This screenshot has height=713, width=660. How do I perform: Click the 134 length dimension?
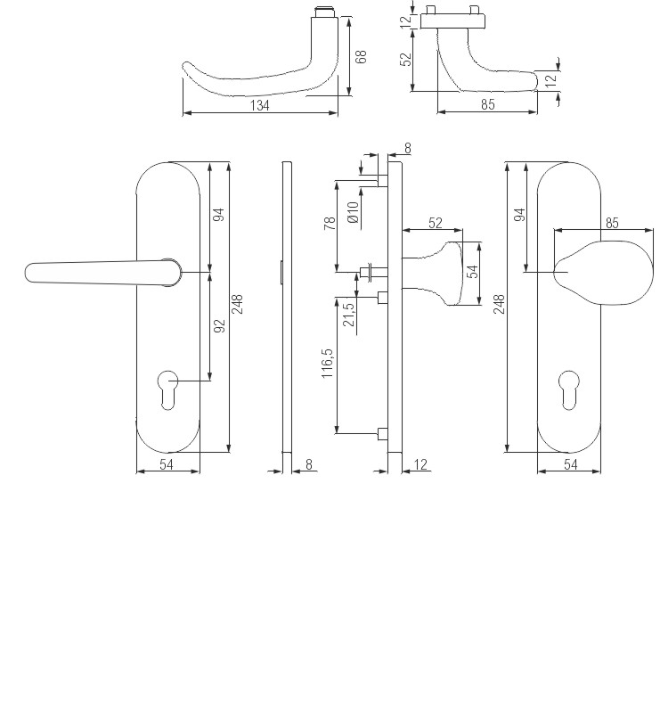point(260,105)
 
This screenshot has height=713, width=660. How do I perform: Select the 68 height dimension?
point(362,56)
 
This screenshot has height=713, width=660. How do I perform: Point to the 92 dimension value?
point(220,326)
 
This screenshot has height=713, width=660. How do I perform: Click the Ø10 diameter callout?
point(353,212)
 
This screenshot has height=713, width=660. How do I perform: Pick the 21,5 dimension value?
point(349,314)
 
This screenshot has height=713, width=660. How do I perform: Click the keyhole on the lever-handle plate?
point(167,389)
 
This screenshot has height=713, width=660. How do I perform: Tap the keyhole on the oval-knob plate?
point(569,389)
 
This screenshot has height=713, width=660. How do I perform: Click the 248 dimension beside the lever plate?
point(238,305)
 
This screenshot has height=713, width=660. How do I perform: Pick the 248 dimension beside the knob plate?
point(499,305)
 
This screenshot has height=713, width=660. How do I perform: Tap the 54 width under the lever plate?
point(167,465)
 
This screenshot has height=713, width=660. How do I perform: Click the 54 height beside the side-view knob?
point(474,271)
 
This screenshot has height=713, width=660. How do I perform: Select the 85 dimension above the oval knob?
point(611,223)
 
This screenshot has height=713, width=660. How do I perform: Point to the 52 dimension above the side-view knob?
point(436,223)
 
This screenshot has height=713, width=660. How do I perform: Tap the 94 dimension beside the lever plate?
point(220,214)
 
